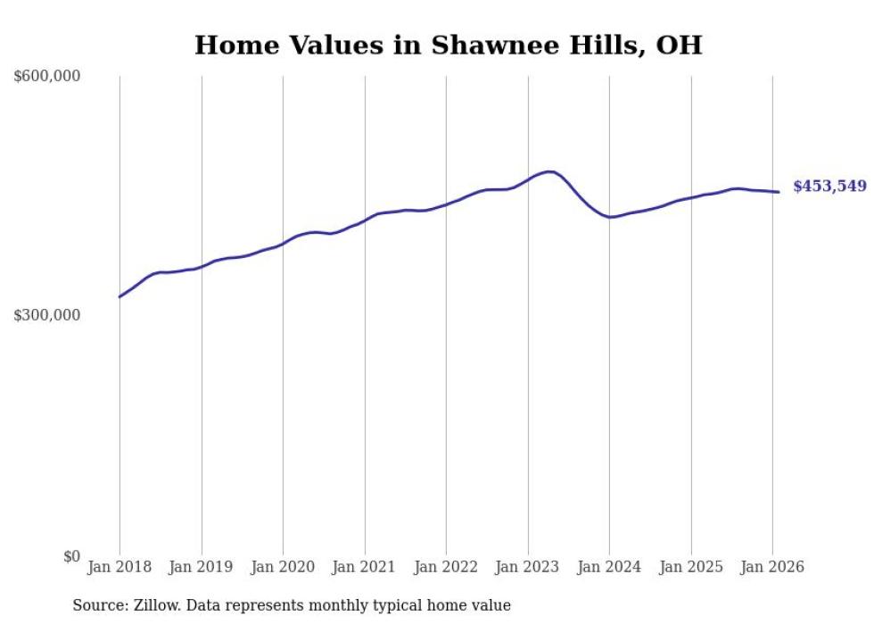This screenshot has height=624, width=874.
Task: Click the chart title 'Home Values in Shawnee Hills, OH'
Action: (x=448, y=45)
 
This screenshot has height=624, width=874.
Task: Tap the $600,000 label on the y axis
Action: (x=47, y=77)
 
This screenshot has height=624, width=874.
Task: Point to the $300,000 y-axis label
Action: (x=47, y=316)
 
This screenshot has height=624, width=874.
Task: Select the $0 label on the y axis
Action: (x=71, y=556)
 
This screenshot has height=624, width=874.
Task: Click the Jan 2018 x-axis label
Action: (x=120, y=567)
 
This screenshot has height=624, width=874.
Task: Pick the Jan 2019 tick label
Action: (x=202, y=567)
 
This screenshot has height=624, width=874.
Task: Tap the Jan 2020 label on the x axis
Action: (x=283, y=567)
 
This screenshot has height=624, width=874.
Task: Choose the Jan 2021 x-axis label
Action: (x=365, y=567)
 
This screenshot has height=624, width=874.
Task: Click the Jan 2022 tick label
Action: (x=446, y=567)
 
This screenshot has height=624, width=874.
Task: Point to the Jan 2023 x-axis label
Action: (x=528, y=567)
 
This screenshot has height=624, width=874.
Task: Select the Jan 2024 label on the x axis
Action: (x=609, y=567)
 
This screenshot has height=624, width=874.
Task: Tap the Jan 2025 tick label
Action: (x=691, y=567)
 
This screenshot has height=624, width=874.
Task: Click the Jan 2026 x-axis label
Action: (x=772, y=567)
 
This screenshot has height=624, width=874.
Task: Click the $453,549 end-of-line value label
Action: (x=829, y=187)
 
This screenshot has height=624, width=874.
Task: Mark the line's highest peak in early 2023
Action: (x=550, y=171)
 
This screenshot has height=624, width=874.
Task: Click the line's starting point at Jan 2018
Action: (x=120, y=296)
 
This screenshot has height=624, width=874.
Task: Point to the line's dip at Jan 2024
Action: (x=611, y=217)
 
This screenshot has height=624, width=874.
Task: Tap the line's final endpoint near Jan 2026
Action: (x=779, y=192)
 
